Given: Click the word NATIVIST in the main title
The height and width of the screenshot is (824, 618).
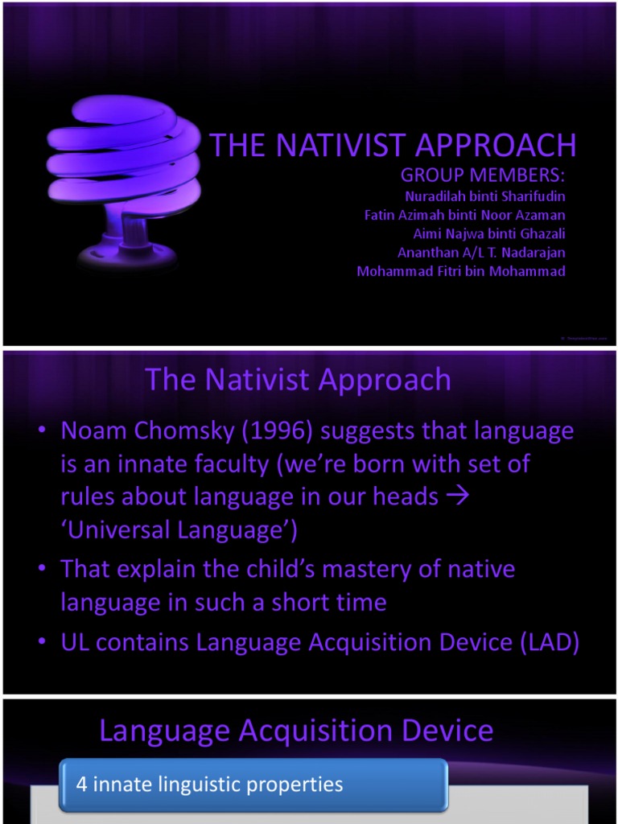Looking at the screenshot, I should point(341,146).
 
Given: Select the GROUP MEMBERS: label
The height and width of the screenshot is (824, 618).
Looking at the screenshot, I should point(483,175).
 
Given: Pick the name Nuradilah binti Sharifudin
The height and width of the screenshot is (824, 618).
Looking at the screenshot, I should point(485,196).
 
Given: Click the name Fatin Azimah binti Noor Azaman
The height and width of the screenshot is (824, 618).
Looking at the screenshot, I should point(465,215).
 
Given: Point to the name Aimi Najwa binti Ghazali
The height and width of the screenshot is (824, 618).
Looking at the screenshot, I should point(489,233).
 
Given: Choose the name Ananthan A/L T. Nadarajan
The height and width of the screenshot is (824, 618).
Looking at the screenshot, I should point(481,252).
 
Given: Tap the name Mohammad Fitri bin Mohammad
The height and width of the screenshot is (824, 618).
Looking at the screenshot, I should point(461,271).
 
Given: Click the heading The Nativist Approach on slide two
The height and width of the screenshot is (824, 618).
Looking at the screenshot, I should point(298,379).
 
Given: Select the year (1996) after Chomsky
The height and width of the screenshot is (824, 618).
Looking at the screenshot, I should point(277,431).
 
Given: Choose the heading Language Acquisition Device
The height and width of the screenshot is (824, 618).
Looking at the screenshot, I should point(296,731).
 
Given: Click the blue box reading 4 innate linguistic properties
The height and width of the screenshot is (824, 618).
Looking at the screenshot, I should point(253,784).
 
